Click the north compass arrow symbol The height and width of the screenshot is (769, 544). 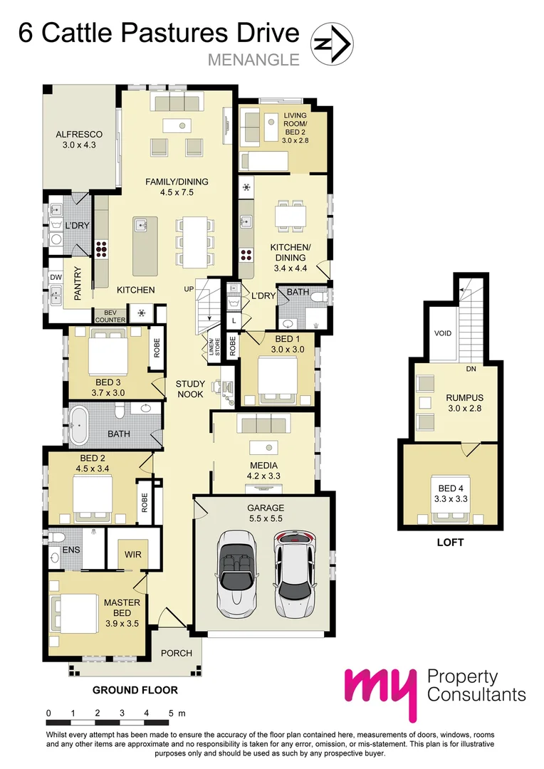333,44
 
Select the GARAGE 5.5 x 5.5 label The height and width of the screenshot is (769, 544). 266,513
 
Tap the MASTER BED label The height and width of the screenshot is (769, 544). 122,607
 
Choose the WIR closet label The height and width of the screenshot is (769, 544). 133,554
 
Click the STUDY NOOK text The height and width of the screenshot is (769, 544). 190,389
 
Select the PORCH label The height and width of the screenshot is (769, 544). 177,653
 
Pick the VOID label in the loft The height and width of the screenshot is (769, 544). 443,333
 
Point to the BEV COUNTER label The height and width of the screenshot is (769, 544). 110,316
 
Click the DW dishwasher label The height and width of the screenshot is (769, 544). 56,277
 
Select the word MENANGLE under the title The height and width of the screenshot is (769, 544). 253,60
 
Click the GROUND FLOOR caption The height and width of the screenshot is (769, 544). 135,690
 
